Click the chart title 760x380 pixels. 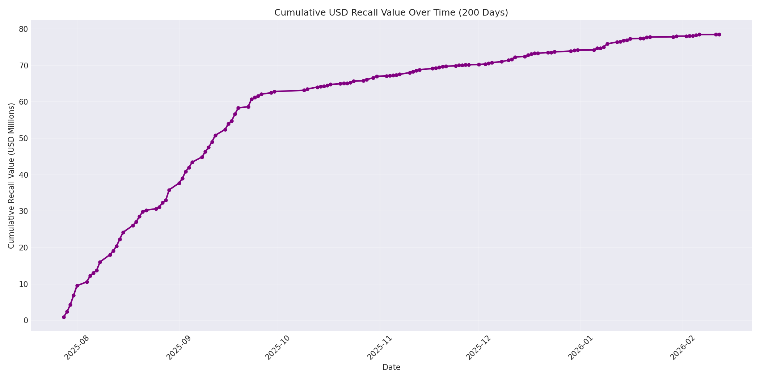(x=391, y=13)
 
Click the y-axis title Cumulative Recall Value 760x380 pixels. (x=11, y=176)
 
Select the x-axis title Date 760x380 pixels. (x=391, y=368)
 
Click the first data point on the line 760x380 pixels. (x=64, y=317)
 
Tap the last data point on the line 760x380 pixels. (x=719, y=35)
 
